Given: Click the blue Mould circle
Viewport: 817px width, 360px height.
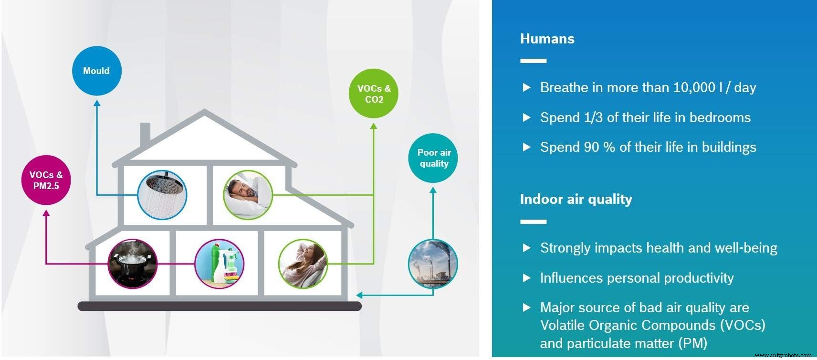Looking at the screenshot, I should coord(96,71).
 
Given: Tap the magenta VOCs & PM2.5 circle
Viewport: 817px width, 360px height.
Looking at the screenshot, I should coord(46,180).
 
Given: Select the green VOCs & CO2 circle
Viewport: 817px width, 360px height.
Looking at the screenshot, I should coord(374,94).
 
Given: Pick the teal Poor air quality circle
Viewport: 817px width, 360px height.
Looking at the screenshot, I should coord(433,158).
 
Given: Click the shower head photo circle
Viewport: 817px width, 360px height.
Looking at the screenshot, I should coord(162,195).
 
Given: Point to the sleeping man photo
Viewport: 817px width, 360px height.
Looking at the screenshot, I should coord(248,195).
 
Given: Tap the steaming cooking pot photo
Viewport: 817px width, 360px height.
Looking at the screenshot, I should coord(133,264).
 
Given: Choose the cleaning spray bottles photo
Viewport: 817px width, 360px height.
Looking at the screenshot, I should coord(220,264).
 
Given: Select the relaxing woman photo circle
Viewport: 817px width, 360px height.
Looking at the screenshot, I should coord(303,264).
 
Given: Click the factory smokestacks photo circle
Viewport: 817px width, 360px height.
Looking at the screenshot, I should coord(433,264).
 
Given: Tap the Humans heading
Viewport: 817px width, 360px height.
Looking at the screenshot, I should coord(547,39).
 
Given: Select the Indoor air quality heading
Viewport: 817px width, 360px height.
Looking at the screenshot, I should coord(576,199).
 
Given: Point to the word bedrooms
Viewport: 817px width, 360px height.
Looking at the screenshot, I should coord(720,117).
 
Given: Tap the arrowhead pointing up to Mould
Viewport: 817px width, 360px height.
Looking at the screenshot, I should coord(97,103).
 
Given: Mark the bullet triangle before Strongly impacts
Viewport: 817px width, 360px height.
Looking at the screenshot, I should coord(526,248).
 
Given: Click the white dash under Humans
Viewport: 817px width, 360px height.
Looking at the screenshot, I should coord(533,61).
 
